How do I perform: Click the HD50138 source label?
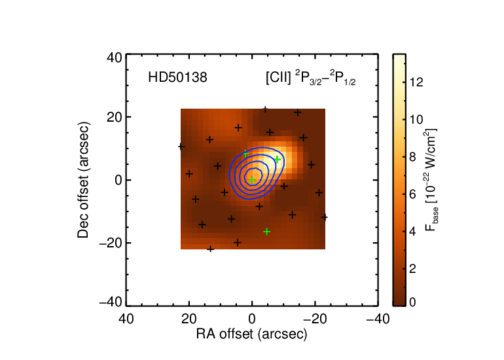point(177,77)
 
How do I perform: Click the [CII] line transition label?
point(310,78)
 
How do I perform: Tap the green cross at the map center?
point(252,180)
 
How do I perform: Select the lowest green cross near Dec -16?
point(266,232)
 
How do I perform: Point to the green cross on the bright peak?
point(277,160)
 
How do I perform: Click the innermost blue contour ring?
point(262,176)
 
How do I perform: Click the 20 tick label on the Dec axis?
point(115,117)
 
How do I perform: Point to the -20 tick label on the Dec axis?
point(111,243)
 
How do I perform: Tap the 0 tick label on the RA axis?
point(252,319)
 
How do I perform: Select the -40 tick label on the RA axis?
point(378,319)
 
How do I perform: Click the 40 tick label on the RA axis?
point(126,319)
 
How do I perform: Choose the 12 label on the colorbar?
point(416,82)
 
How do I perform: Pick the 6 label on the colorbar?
point(412,194)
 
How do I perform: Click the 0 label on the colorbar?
point(412,302)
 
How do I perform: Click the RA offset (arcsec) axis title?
point(252,334)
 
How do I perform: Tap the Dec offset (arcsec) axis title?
point(83,180)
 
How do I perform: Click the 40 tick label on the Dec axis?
point(115,58)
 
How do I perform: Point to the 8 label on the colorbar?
point(412,157)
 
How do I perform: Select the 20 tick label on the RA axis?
point(189,319)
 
